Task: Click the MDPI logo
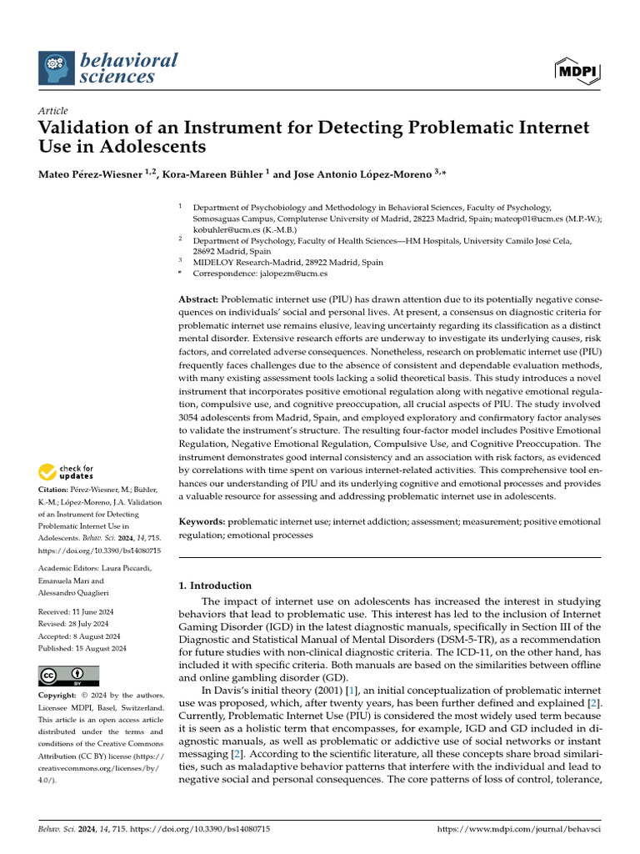pyautogui.click(x=577, y=70)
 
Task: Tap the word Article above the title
pyautogui.click(x=53, y=110)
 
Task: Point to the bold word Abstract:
pyautogui.click(x=198, y=299)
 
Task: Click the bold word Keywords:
pyautogui.click(x=202, y=522)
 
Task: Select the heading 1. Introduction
pyautogui.click(x=215, y=585)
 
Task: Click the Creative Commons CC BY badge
pyautogui.click(x=68, y=676)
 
